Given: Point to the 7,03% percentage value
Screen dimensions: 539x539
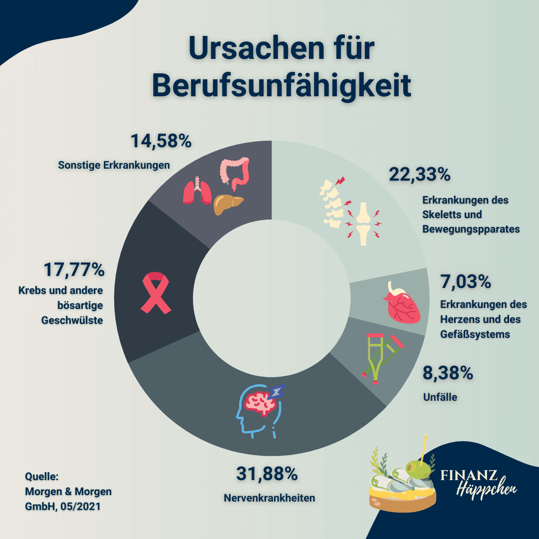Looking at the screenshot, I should pos(466,281).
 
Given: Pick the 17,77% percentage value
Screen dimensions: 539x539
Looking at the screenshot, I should pos(74,270).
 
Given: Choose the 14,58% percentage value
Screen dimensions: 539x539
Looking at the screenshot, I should pos(161,141).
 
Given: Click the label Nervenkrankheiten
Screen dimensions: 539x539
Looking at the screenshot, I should pos(269,498).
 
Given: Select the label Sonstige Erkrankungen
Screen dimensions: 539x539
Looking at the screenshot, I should pos(114,165).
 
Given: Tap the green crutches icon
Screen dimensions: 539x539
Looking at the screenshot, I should pos(382,356).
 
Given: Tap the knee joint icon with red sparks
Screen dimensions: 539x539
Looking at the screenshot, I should pos(363,224).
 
